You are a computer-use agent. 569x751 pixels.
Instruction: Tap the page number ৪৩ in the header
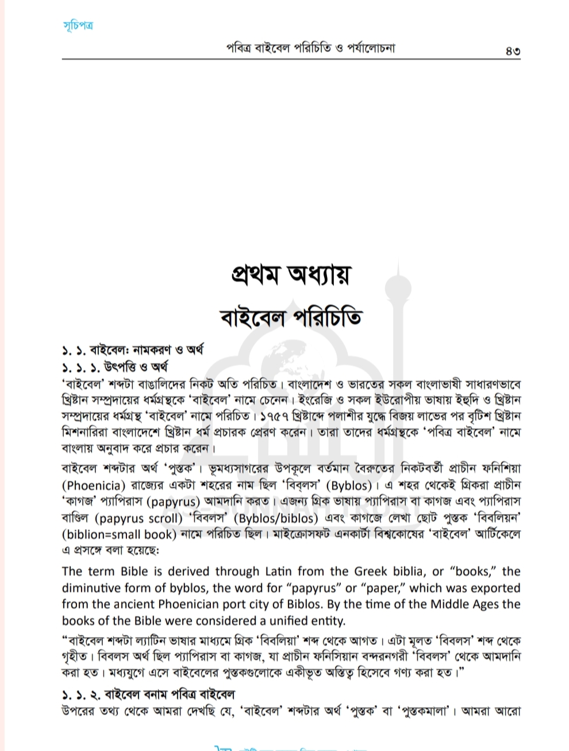pos(513,49)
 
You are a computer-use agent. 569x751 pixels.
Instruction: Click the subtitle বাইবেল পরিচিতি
pos(291,317)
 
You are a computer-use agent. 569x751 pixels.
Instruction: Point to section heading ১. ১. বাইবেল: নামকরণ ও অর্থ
pos(133,350)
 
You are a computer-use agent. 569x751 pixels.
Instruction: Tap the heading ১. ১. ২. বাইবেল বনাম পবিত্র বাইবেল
pos(148,694)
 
